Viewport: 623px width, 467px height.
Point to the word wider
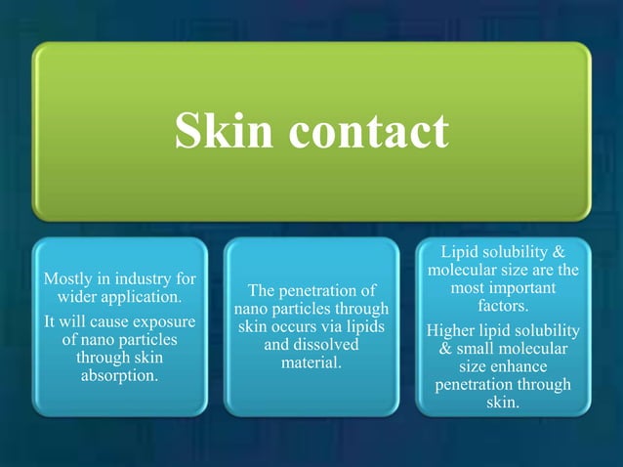[x=80, y=297]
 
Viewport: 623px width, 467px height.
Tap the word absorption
[x=120, y=375]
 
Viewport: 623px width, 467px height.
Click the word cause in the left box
[x=100, y=321]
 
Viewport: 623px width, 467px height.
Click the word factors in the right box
[x=503, y=307]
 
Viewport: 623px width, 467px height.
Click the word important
[x=523, y=289]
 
